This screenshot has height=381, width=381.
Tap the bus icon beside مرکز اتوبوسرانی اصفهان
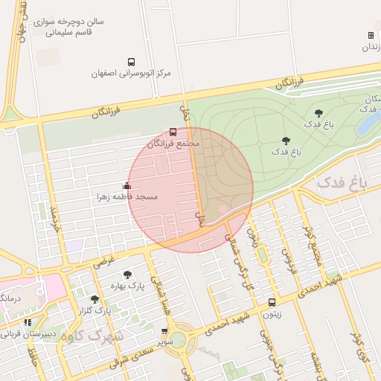(x=132, y=63)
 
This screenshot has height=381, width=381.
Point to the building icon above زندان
(x=371, y=36)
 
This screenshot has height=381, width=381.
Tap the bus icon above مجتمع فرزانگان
(x=174, y=132)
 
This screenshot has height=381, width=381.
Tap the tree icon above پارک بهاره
(x=127, y=274)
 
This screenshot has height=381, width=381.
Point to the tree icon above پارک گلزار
(x=94, y=299)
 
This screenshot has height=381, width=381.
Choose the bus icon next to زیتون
(x=272, y=303)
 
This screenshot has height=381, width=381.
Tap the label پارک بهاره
(x=127, y=285)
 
